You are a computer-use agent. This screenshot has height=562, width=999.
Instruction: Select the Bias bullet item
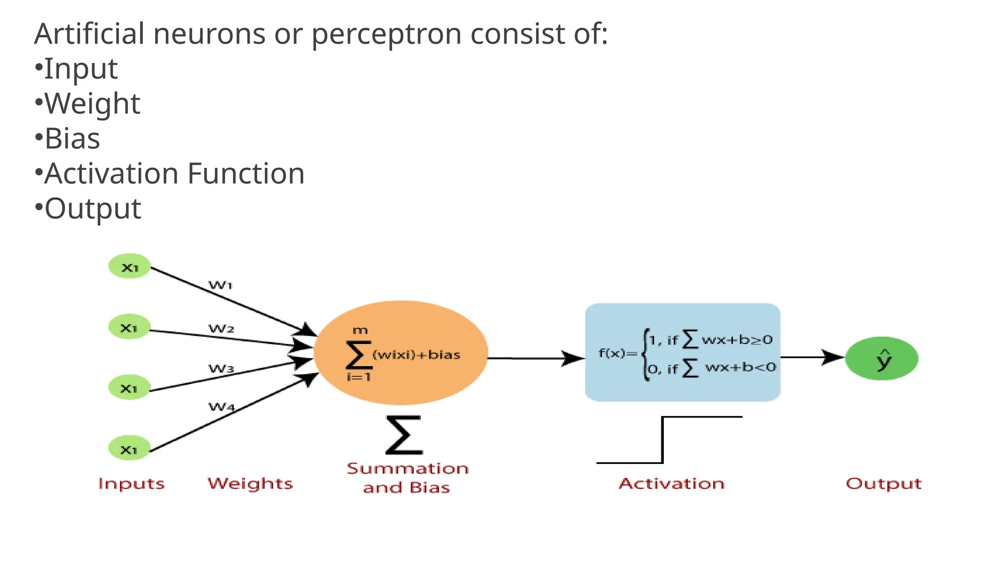[72, 139]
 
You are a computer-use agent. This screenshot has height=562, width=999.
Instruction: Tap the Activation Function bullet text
[174, 174]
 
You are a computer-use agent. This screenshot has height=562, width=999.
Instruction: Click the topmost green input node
[129, 266]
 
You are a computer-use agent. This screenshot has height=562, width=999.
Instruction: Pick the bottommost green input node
[129, 448]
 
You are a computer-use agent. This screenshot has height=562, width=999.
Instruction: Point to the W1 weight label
[220, 285]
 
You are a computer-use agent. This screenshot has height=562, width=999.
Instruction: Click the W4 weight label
[221, 406]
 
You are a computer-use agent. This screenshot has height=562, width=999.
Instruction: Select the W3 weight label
[221, 369]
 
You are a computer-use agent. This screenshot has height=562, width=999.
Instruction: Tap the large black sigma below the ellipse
[404, 435]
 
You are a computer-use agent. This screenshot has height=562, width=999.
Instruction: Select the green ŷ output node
[881, 359]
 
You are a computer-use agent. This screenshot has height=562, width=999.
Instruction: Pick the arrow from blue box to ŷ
[812, 358]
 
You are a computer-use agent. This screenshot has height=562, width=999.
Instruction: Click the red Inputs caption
[131, 484]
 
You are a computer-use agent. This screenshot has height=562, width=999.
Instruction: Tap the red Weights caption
[250, 483]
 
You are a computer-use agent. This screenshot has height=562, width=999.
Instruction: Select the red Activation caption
[672, 483]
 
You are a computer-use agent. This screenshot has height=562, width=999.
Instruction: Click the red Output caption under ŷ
[883, 484]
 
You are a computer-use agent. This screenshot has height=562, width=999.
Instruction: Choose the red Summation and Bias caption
[407, 478]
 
